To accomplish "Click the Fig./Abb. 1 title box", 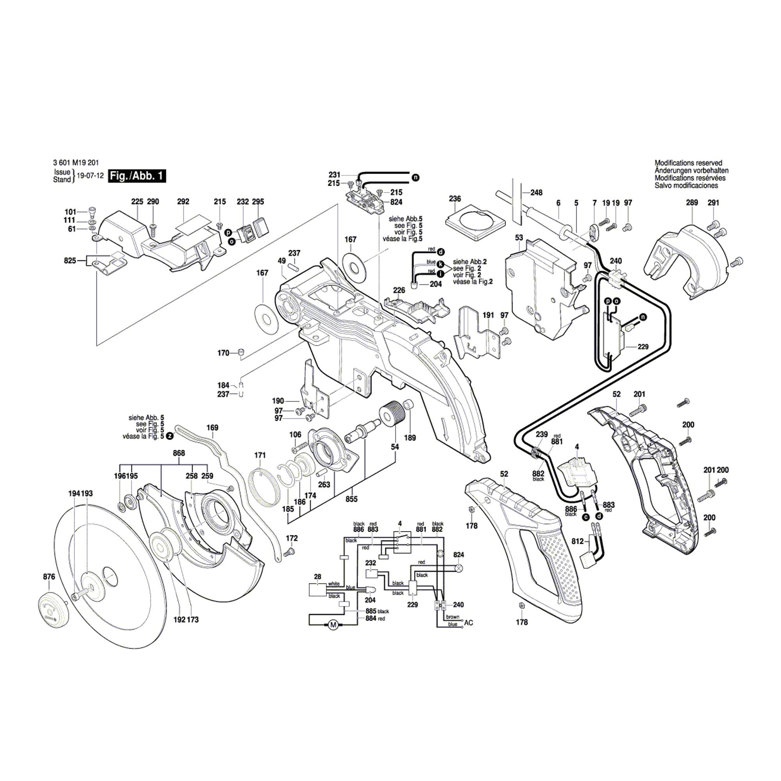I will (137, 176).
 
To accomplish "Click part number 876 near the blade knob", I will (49, 577).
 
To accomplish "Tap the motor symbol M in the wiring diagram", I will (333, 625).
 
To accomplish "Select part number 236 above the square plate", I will (455, 199).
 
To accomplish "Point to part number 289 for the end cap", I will (692, 202).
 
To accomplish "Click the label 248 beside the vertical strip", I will (537, 193).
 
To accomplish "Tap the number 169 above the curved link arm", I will (212, 428).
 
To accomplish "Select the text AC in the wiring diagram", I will (469, 623).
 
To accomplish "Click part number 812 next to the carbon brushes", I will (578, 541).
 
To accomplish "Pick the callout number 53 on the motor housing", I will (519, 238).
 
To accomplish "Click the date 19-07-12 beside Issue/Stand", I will (91, 176).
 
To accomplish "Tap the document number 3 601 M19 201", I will (76, 163).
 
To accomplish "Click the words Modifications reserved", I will (688, 163).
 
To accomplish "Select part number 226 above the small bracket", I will (399, 290).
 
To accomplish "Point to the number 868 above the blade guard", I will (179, 453).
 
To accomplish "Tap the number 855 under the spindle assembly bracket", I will (351, 499).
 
